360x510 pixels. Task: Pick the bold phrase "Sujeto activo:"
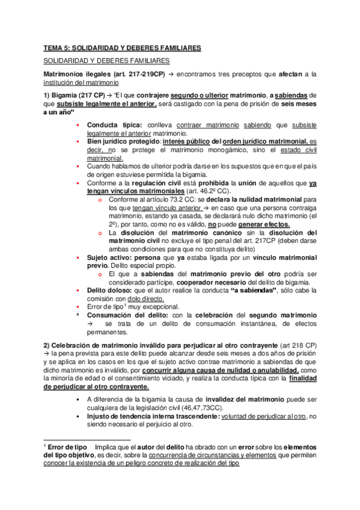tap(111, 257)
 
